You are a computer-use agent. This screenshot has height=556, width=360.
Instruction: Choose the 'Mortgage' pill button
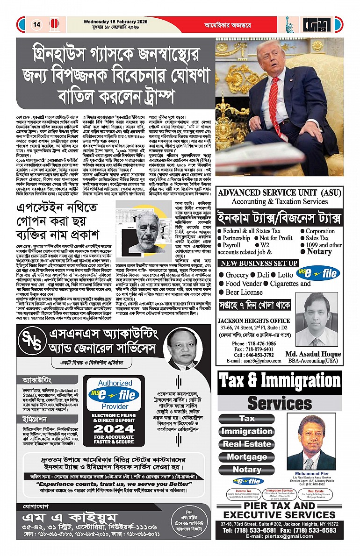(247, 457)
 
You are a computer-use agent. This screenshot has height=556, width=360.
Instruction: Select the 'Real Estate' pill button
(247, 444)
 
